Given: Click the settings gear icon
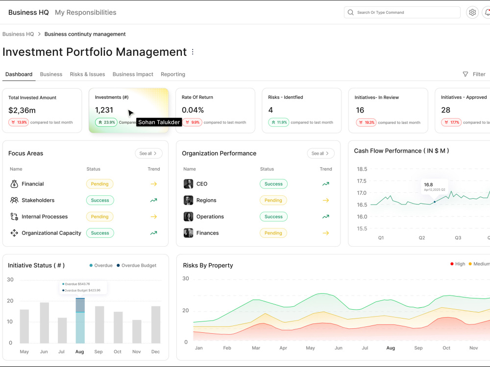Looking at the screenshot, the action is click(x=472, y=13).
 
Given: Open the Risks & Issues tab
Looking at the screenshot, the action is click(x=88, y=74).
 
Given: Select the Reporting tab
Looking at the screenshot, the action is click(x=173, y=74).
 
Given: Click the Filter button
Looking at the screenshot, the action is click(x=474, y=74).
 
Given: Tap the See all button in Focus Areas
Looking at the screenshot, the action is click(x=148, y=153).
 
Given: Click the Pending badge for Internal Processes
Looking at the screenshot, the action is click(x=99, y=217).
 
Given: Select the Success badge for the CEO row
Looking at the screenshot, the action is click(x=273, y=184).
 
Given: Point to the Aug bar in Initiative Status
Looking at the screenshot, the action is click(x=80, y=321).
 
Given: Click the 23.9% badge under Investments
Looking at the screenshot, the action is click(x=106, y=122).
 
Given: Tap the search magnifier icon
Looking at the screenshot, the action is click(x=351, y=13).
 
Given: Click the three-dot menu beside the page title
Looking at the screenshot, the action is click(x=193, y=52).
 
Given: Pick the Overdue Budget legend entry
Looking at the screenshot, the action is click(x=136, y=266).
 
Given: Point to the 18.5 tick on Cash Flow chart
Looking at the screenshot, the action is click(x=362, y=169).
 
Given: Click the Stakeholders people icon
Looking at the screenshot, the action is click(x=14, y=200).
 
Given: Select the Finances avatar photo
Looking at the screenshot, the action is click(x=189, y=233).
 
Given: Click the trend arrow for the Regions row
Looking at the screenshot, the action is click(x=326, y=200).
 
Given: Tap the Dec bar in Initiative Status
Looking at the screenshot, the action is click(x=156, y=324).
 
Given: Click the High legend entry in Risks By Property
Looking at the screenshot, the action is click(x=458, y=264).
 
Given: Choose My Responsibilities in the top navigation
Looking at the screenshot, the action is click(x=86, y=13).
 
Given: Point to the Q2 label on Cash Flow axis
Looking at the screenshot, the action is click(x=422, y=238).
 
